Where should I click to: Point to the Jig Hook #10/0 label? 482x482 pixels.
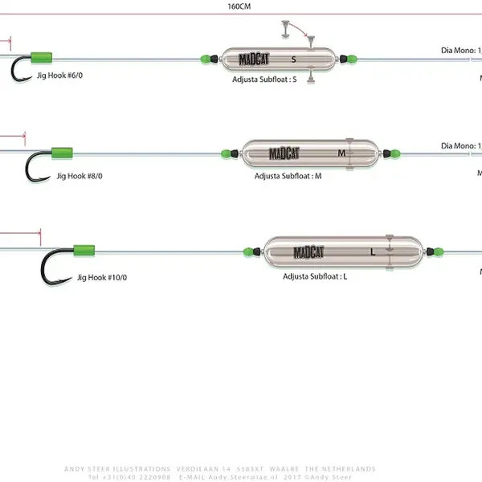tap(102, 277)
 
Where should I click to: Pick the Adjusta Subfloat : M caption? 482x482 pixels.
tap(288, 174)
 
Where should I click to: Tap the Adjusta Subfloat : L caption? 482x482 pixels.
tap(315, 276)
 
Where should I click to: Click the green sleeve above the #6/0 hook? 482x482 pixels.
tap(42, 57)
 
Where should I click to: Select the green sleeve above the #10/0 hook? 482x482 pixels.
tap(84, 251)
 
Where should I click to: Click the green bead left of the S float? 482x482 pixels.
tap(206, 59)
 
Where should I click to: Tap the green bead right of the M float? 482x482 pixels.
tap(390, 152)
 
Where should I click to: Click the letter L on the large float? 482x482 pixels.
tap(372, 251)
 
